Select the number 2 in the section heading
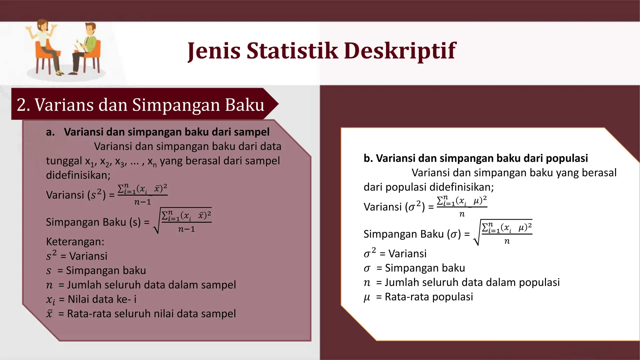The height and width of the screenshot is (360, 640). point(21,105)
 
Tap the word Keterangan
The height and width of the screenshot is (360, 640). point(75,242)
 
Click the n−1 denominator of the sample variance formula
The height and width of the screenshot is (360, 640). point(142,202)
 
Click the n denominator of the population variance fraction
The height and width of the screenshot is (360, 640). point(462,214)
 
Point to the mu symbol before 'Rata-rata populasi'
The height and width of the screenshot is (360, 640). point(367,297)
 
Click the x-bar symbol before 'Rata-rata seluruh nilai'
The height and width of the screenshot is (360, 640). point(49,314)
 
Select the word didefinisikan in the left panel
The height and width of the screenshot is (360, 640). point(78,175)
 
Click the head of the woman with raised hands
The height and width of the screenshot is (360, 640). point(43,25)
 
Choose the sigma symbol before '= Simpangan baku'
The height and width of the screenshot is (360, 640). point(367,268)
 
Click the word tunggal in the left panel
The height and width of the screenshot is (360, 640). point(64,161)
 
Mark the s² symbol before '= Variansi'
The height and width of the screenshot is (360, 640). point(51,256)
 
